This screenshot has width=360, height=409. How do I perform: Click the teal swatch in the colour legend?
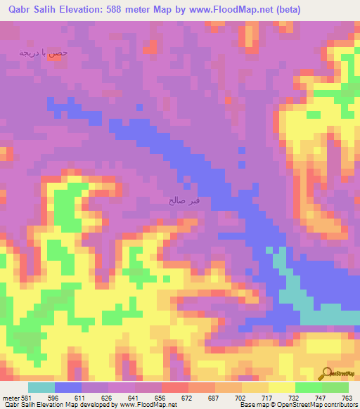pyautogui.click(x=41, y=388)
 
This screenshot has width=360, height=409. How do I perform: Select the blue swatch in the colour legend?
pyautogui.click(x=68, y=388)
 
